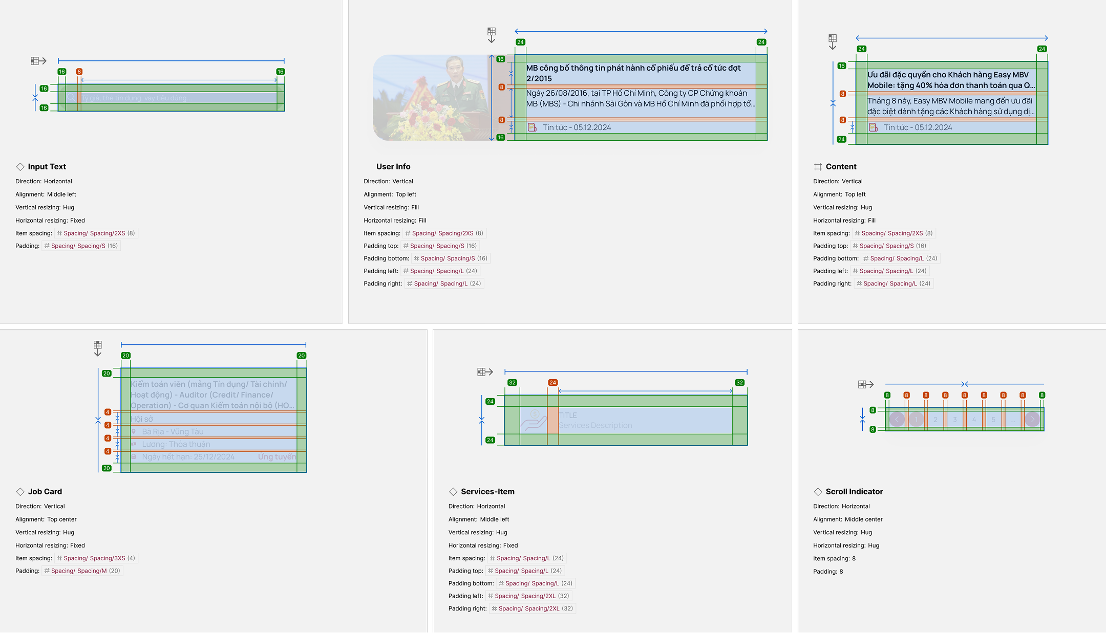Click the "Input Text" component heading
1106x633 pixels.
(47, 167)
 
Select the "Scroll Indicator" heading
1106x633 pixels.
(854, 492)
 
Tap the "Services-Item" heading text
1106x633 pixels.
(487, 492)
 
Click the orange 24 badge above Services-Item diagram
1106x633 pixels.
(552, 383)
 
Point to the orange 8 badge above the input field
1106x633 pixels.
(79, 72)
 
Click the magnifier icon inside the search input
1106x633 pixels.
(71, 98)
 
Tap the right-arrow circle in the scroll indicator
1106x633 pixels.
(1032, 420)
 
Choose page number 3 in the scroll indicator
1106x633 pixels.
(955, 420)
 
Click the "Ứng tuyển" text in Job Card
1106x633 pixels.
(276, 457)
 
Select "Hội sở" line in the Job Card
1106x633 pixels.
(142, 419)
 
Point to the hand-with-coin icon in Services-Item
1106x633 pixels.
(534, 421)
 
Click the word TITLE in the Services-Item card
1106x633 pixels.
(568, 416)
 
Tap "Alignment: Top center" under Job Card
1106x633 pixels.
(46, 519)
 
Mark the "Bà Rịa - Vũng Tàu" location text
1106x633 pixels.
(173, 432)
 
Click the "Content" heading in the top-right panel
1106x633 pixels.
(841, 167)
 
